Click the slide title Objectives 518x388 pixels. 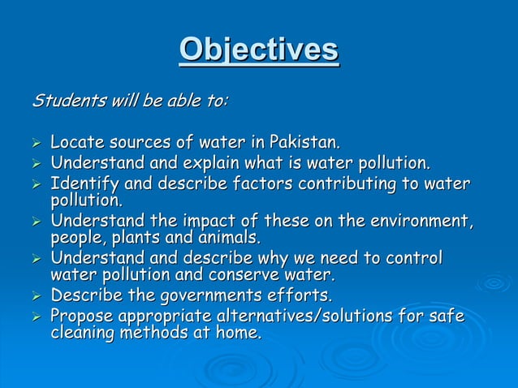(x=259, y=50)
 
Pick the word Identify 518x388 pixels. (x=80, y=182)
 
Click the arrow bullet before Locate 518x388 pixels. (x=35, y=144)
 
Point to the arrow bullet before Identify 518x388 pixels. (x=35, y=183)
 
